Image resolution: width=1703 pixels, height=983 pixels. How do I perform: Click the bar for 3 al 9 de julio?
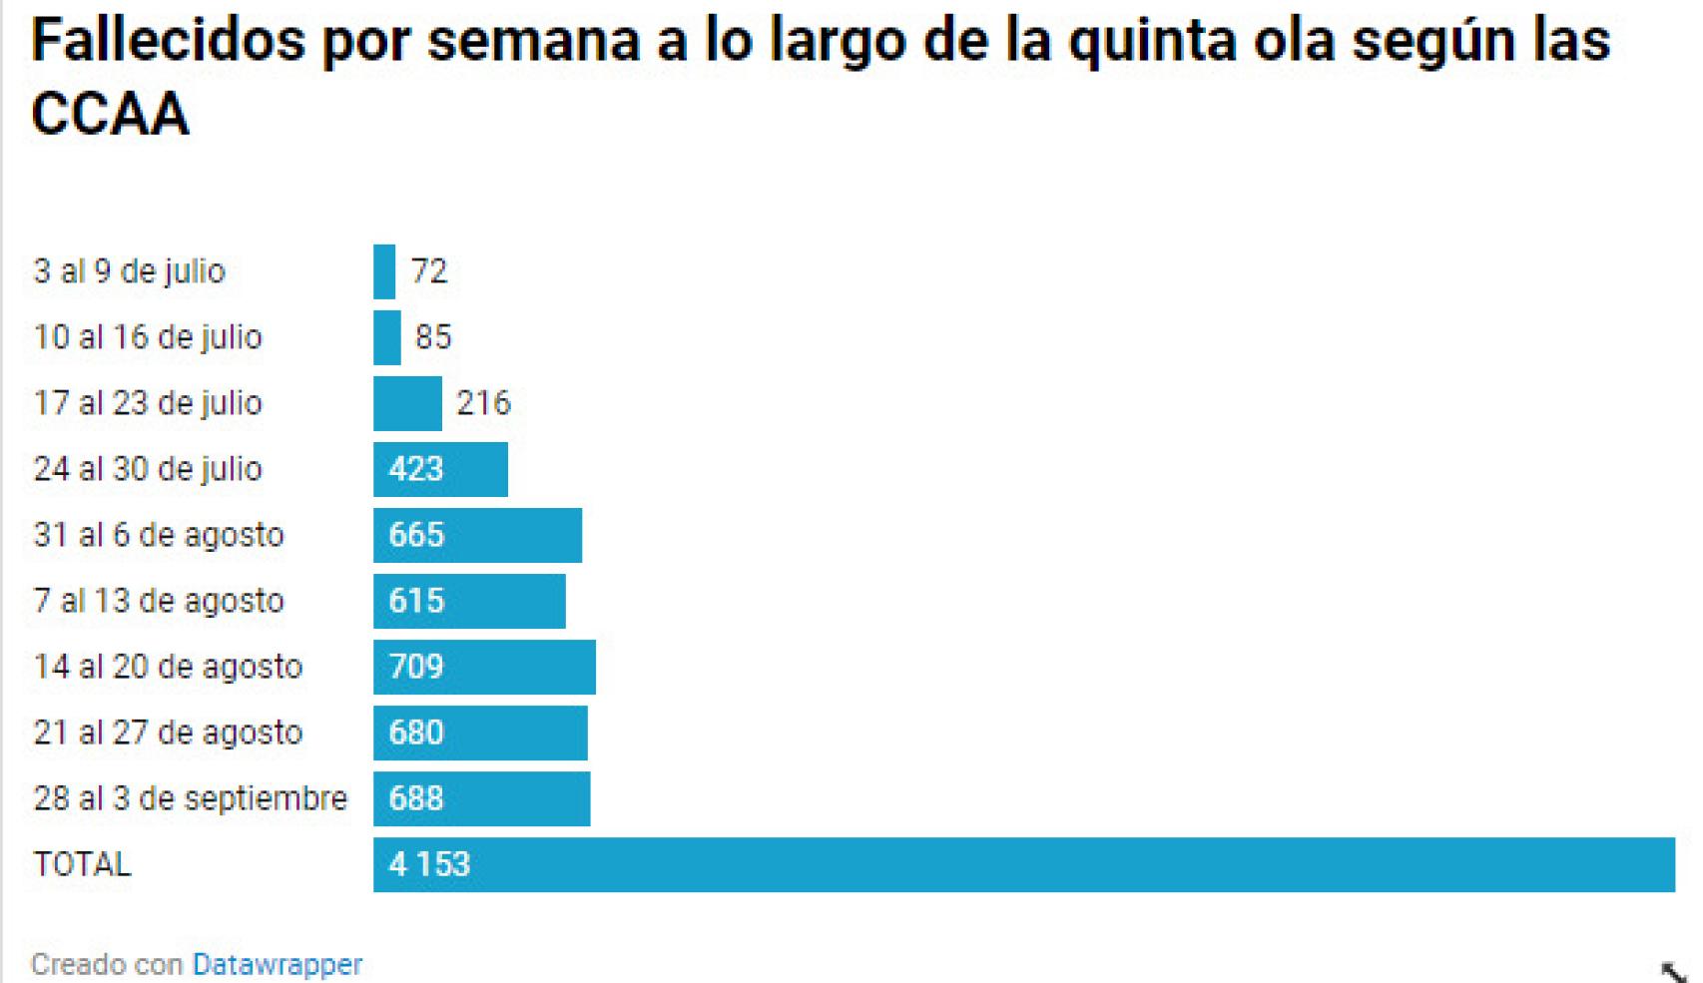pyautogui.click(x=384, y=271)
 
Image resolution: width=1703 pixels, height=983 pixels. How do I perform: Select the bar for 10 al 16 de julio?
pyautogui.click(x=387, y=337)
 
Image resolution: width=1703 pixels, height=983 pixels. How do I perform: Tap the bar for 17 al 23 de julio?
pyautogui.click(x=407, y=403)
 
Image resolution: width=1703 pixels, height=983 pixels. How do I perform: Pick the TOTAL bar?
pyautogui.click(x=1023, y=864)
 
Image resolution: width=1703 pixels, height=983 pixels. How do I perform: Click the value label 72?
pyautogui.click(x=429, y=271)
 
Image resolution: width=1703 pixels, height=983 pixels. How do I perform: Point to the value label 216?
pyautogui.click(x=483, y=403)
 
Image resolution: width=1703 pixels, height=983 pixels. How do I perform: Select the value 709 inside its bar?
pyautogui.click(x=415, y=667)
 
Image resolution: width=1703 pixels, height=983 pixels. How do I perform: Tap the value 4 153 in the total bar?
pyautogui.click(x=429, y=864)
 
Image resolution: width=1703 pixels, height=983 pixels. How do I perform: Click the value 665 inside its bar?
pyautogui.click(x=415, y=535)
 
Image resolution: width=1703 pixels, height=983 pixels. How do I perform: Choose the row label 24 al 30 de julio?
pyautogui.click(x=148, y=469)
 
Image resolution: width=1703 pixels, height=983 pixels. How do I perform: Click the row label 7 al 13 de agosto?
pyautogui.click(x=159, y=601)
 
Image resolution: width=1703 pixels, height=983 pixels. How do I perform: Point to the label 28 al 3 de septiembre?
pyautogui.click(x=190, y=798)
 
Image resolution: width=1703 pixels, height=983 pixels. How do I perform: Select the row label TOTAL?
pyautogui.click(x=82, y=864)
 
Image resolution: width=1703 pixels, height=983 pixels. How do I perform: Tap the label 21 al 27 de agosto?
pyautogui.click(x=168, y=733)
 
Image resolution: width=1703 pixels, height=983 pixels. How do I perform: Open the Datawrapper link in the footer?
pyautogui.click(x=277, y=965)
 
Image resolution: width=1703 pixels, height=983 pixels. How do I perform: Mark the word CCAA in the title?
pyautogui.click(x=110, y=114)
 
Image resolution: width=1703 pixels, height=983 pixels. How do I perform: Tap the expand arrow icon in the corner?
pyautogui.click(x=1672, y=971)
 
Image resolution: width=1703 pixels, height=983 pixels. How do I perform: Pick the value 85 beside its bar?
pyautogui.click(x=433, y=337)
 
